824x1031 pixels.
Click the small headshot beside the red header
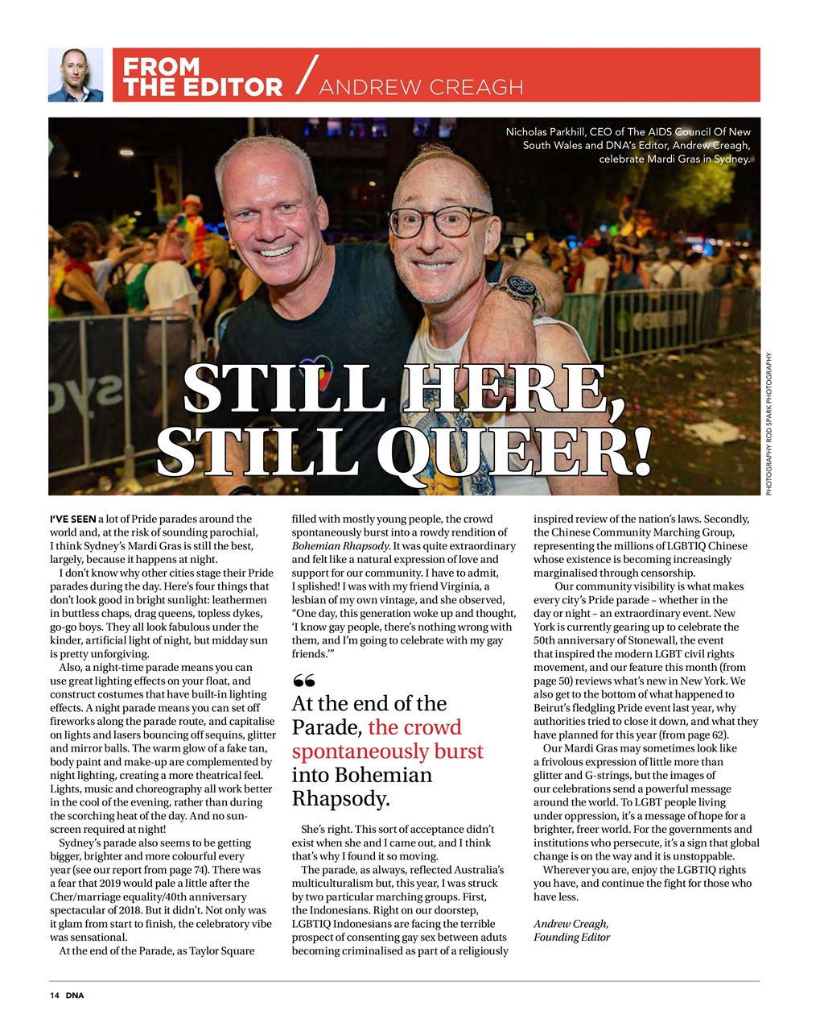pos(76,75)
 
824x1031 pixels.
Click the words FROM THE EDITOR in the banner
pos(202,77)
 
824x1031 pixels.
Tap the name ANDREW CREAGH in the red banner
pos(421,87)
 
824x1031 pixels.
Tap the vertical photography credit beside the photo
pos(768,424)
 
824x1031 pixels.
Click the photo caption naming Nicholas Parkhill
pos(628,145)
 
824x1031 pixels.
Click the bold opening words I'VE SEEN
pos(72,519)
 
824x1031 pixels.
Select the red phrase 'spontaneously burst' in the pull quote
pos(387,751)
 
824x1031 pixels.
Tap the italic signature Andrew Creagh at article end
pos(571,924)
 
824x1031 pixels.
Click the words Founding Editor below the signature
pos(571,938)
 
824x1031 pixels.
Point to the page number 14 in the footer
pos(55,996)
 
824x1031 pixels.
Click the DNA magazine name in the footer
pos(75,996)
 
